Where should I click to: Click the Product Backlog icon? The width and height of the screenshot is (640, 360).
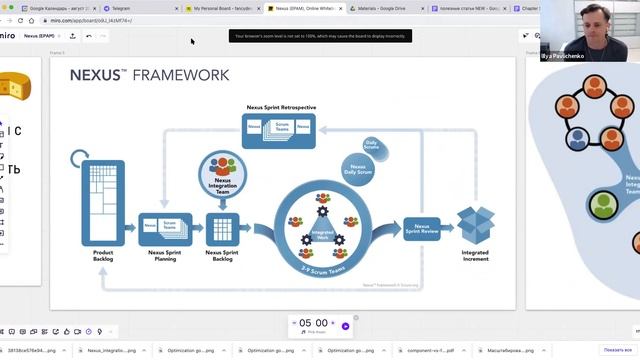point(103,203)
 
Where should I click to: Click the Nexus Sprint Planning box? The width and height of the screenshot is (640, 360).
point(165,227)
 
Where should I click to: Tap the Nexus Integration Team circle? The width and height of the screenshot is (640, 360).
point(223,173)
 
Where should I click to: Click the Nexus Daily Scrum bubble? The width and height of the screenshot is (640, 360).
point(358,169)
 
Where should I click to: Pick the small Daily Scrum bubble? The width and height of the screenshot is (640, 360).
point(372,145)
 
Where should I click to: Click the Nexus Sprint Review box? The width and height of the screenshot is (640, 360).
point(422,231)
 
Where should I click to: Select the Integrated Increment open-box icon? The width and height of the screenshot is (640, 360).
point(475,224)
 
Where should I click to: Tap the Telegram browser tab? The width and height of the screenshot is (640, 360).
point(144,8)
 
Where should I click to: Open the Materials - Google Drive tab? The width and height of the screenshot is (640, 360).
point(386,8)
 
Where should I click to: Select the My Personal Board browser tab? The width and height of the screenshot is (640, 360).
point(222,8)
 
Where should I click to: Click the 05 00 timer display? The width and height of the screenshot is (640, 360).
point(313,324)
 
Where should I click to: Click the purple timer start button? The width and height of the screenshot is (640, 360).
point(345,325)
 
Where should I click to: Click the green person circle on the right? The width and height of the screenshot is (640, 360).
point(602,205)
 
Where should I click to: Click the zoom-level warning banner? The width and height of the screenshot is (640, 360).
point(321,36)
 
